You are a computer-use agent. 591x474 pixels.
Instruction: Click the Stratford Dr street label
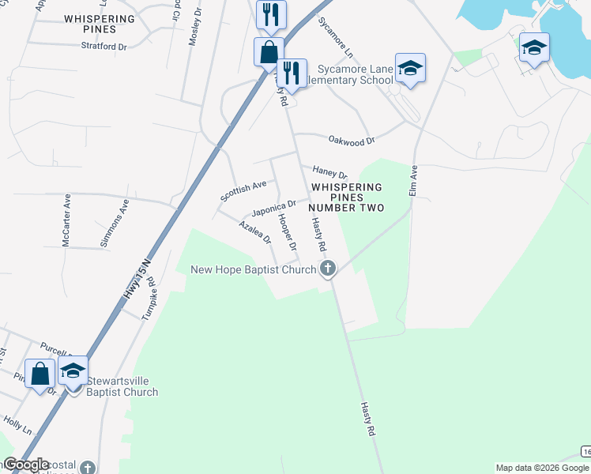coord(104,47)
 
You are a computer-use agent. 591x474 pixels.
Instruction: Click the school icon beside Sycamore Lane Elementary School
coord(410,69)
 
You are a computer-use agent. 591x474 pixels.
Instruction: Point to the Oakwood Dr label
coord(351,140)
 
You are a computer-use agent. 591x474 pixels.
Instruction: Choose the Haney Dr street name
coord(329,171)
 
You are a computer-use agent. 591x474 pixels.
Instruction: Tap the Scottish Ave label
coord(244,189)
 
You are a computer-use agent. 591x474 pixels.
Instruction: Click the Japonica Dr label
coord(273,209)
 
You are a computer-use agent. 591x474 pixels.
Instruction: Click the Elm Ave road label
coord(413,180)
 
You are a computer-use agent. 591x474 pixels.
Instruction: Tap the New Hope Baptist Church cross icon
coord(327,269)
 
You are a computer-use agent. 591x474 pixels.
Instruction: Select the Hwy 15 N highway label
coord(137,280)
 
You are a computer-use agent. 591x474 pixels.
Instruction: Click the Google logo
coord(26,465)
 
